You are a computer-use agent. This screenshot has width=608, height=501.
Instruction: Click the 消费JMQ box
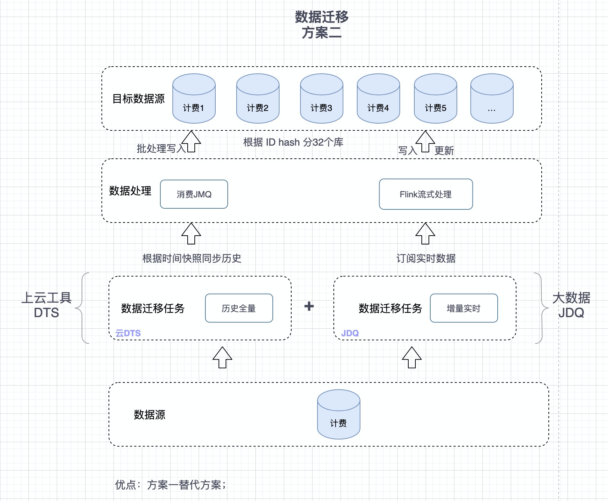click(x=194, y=194)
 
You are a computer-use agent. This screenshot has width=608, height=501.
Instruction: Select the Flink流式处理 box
click(x=426, y=194)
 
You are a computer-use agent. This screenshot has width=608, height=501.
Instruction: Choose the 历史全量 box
click(x=239, y=308)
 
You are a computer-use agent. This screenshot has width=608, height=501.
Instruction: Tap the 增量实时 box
click(x=464, y=308)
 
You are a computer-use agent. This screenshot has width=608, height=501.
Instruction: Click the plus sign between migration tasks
click(x=309, y=306)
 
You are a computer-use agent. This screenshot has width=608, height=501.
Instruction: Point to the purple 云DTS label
click(x=128, y=333)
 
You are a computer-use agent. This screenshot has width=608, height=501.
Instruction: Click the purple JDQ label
click(x=350, y=333)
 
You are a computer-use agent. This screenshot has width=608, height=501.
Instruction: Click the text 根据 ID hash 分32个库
click(x=293, y=142)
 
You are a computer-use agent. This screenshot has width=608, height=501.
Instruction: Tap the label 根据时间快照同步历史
click(x=192, y=258)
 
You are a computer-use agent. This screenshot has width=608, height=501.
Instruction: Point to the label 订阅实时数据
click(x=426, y=258)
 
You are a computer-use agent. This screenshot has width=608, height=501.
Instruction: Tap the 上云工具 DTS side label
click(x=46, y=305)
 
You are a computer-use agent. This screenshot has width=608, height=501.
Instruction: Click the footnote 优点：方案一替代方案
click(x=170, y=485)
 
